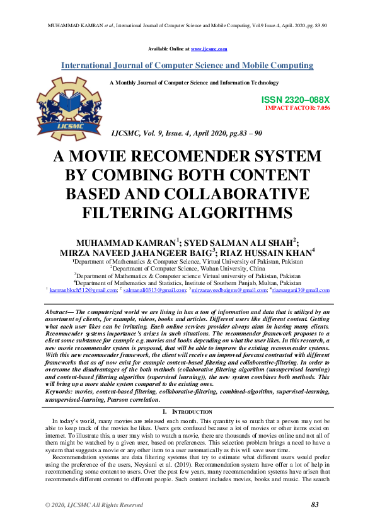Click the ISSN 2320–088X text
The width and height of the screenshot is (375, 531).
click(295, 100)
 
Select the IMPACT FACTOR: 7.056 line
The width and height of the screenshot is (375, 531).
click(297, 108)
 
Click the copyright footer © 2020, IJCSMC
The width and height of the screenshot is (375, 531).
click(93, 505)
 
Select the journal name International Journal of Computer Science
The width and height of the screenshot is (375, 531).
click(187, 66)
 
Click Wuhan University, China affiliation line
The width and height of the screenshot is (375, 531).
click(187, 268)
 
